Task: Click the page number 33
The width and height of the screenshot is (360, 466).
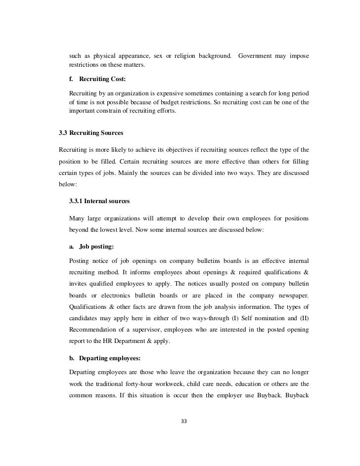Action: (184, 422)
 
